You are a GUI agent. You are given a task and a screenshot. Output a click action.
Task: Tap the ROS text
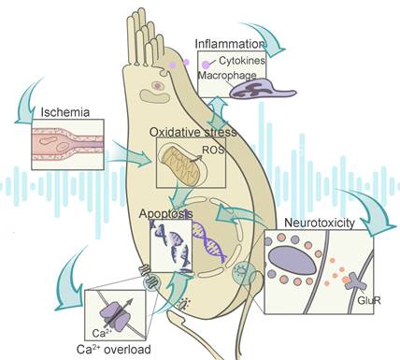pyautogui.click(x=214, y=148)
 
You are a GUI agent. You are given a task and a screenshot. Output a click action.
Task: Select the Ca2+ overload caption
pyautogui.click(x=106, y=347)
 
